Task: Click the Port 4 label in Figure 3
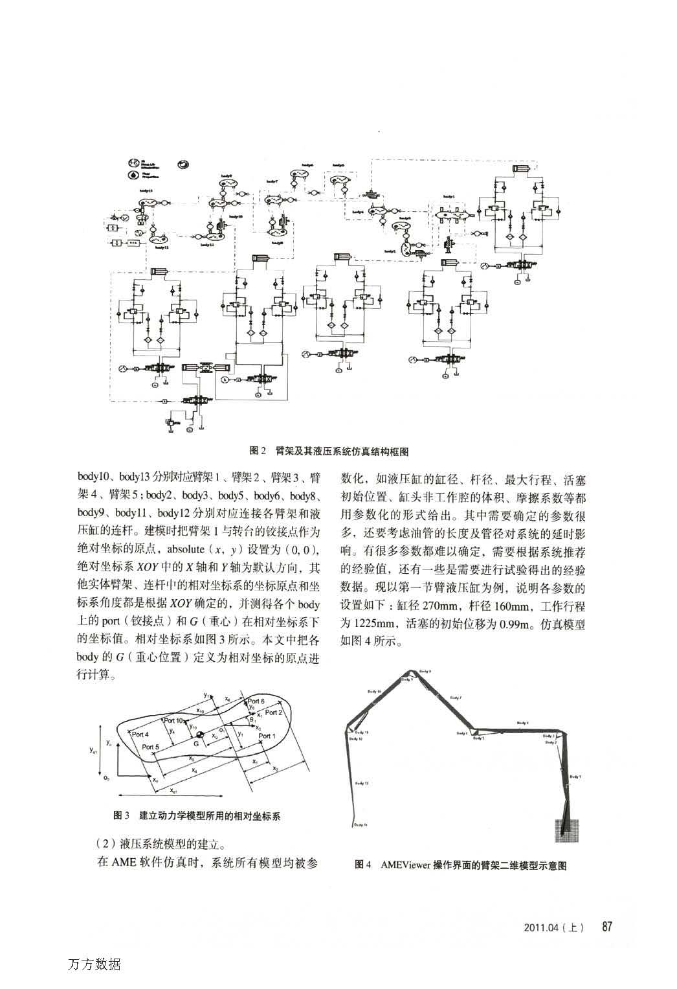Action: pos(140,734)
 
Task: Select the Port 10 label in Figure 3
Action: pos(173,720)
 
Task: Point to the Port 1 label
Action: pos(265,736)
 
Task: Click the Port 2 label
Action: pos(272,712)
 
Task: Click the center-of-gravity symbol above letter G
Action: pos(200,735)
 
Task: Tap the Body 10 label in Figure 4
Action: pos(375,692)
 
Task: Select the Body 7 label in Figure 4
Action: pos(456,698)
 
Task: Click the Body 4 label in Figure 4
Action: pos(522,722)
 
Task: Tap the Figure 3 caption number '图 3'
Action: pos(122,815)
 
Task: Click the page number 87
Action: pos(606,926)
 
